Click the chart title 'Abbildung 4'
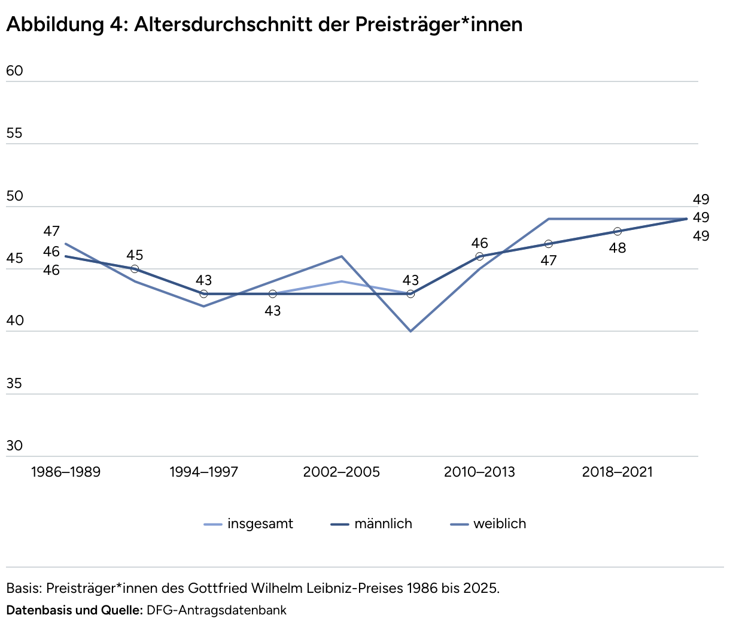[x=264, y=24]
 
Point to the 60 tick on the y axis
[x=14, y=71]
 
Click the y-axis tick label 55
[x=14, y=134]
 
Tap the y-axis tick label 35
[x=14, y=383]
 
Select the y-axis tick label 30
[x=14, y=446]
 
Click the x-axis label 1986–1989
[x=66, y=472]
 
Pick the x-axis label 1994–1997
[x=204, y=472]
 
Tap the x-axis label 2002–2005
[x=342, y=472]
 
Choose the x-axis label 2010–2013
[x=479, y=472]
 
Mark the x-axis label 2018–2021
[x=618, y=472]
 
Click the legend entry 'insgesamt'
[x=260, y=524]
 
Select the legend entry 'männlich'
[x=383, y=524]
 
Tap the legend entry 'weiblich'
[x=500, y=524]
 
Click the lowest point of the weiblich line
[x=410, y=331]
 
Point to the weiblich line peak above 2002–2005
[x=342, y=256]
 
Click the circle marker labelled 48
[x=618, y=232]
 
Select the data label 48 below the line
[x=618, y=248]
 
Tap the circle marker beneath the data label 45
[x=135, y=269]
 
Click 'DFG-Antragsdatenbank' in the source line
[x=217, y=610]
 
